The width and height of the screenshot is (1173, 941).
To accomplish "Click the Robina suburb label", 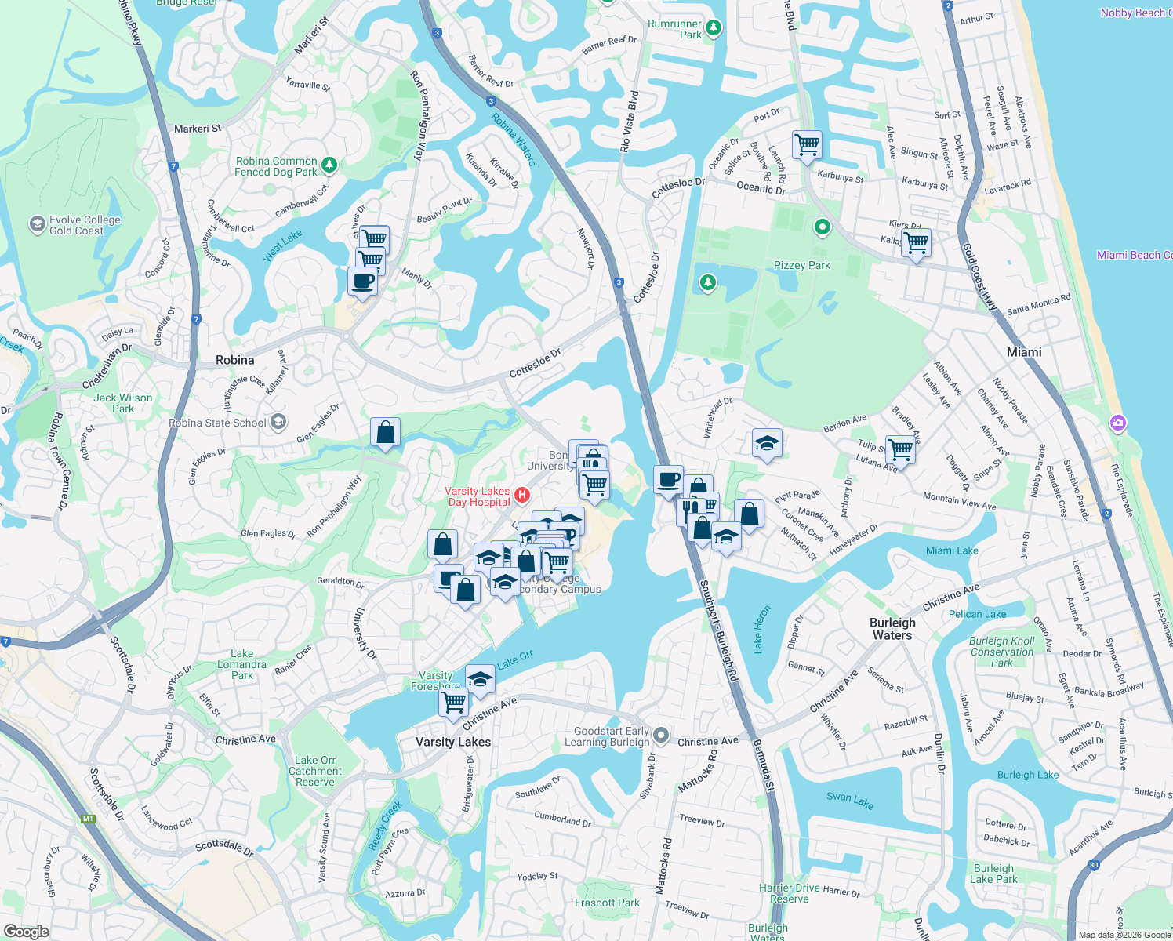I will pyautogui.click(x=234, y=360).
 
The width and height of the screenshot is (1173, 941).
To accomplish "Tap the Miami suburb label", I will pyautogui.click(x=1024, y=352).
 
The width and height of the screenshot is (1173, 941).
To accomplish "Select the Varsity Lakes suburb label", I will pyautogui.click(x=453, y=742).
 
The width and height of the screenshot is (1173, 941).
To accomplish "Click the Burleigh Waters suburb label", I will pyautogui.click(x=892, y=629).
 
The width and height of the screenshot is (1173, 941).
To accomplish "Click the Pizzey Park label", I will pyautogui.click(x=801, y=265).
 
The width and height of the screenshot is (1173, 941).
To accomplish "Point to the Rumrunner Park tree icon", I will pyautogui.click(x=713, y=28).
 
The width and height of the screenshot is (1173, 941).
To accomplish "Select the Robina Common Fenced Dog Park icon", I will pyautogui.click(x=329, y=165).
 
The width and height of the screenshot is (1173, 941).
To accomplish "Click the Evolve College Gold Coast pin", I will pyautogui.click(x=37, y=225).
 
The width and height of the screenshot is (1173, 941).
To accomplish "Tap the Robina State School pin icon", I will pyautogui.click(x=278, y=423).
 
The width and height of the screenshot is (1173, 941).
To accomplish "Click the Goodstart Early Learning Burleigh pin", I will pyautogui.click(x=661, y=736).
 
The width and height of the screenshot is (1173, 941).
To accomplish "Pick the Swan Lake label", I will pyautogui.click(x=849, y=800).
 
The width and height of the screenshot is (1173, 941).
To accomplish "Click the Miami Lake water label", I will pyautogui.click(x=952, y=550).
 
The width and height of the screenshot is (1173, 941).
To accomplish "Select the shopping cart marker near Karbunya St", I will pyautogui.click(x=807, y=146).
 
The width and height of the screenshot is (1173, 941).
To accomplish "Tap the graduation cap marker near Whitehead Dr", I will pyautogui.click(x=766, y=444).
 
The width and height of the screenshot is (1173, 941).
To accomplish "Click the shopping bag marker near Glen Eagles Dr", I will pyautogui.click(x=385, y=432).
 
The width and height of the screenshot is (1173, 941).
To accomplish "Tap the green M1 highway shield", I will pyautogui.click(x=88, y=819).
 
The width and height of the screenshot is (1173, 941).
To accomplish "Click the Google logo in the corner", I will pyautogui.click(x=26, y=931).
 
